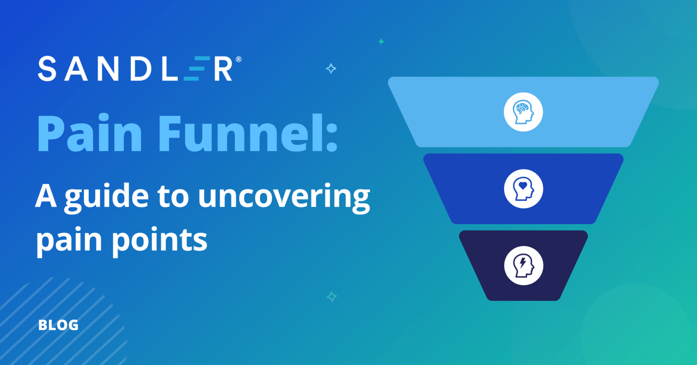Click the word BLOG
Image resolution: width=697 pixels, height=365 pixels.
(x=58, y=325)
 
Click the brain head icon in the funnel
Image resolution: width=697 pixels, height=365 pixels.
(x=523, y=112)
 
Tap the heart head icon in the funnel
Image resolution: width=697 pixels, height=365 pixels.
(x=523, y=188)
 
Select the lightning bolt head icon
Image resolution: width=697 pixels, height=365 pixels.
(x=523, y=266)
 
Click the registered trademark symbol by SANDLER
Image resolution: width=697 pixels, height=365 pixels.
(x=238, y=60)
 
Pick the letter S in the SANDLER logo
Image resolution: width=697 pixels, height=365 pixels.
(x=46, y=69)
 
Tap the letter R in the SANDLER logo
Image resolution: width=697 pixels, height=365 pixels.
(x=223, y=69)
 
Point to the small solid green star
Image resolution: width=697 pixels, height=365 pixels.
(x=381, y=42)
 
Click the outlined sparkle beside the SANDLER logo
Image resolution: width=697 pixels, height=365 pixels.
(x=331, y=69)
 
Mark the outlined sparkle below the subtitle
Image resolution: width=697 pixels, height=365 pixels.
(x=332, y=297)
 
